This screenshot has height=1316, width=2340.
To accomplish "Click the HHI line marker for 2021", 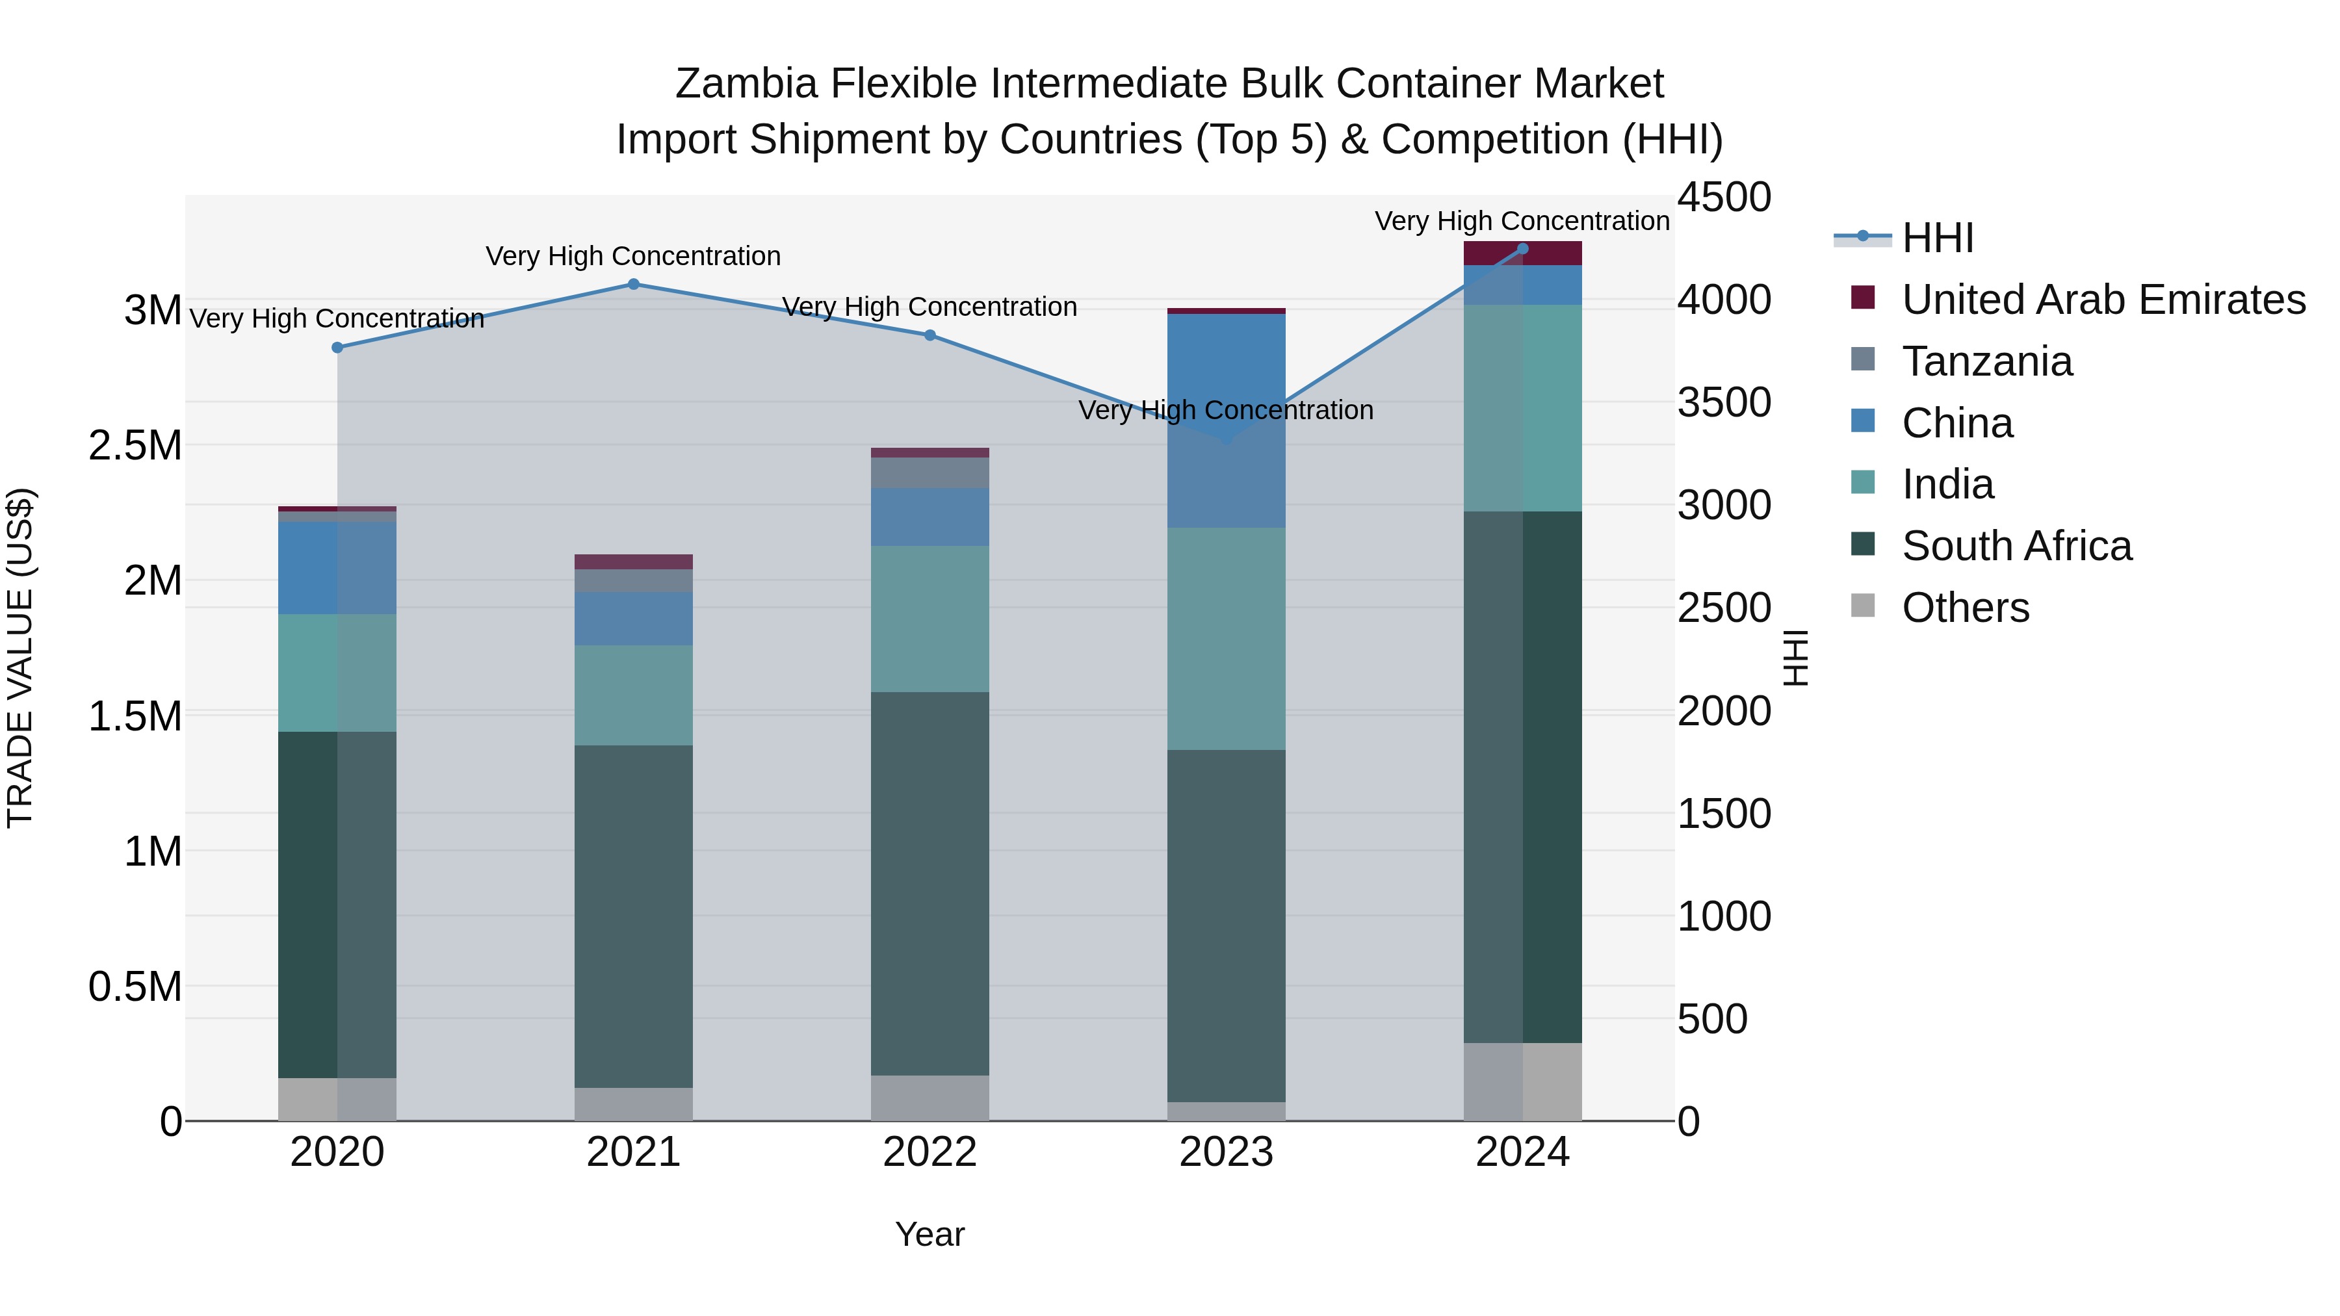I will [633, 284].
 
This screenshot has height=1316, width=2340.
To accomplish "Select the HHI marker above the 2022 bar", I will [929, 335].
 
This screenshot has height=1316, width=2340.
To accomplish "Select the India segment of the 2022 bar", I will [929, 619].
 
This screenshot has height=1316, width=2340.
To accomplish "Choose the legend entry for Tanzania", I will [1986, 361].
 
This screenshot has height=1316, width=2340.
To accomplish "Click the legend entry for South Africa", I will [2016, 546].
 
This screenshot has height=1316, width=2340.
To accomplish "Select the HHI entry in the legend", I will [1937, 238].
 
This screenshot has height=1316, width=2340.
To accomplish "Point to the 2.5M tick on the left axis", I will [135, 446].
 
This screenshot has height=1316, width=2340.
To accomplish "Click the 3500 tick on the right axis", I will [1723, 402].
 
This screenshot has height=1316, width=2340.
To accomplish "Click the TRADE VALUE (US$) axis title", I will [20, 658].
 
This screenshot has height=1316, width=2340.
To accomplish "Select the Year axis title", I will [929, 1234].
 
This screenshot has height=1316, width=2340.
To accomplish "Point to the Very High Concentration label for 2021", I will [633, 256].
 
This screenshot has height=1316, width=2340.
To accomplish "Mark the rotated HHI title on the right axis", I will [1796, 658].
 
